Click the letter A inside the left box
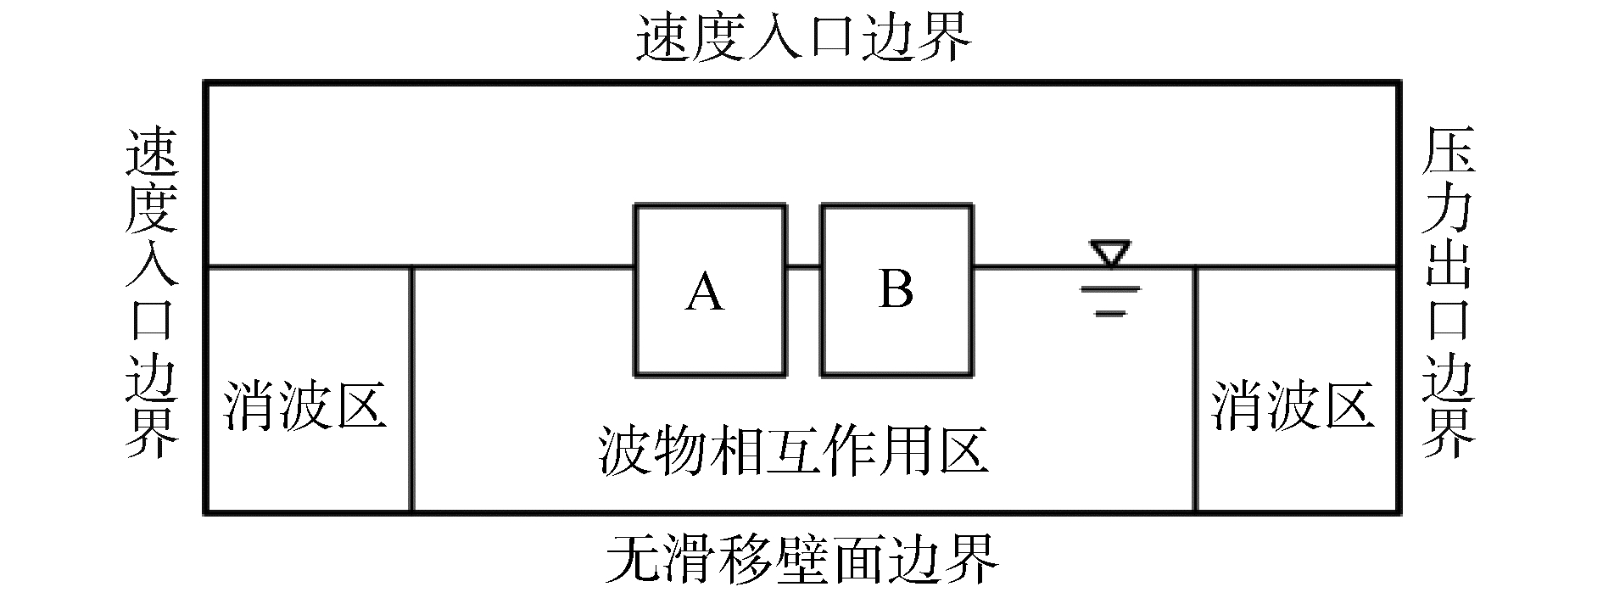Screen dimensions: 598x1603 coord(706,293)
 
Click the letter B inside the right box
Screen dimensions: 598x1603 coord(896,288)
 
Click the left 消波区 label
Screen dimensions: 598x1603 coord(305,405)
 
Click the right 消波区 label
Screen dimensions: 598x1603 coord(1292,404)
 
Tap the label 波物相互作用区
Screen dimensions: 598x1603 coord(793,450)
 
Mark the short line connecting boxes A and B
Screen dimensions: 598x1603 coord(802,267)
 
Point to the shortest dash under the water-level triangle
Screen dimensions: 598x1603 coord(1109,314)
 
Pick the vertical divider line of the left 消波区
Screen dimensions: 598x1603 coord(412,390)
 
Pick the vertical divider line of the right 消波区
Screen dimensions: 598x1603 coord(1195,390)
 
